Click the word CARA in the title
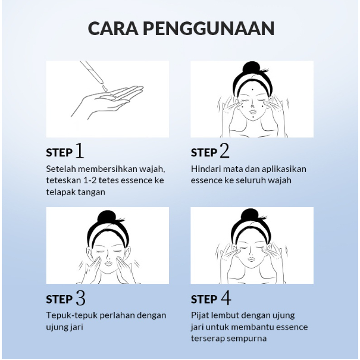[113, 28]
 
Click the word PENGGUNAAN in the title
[209, 28]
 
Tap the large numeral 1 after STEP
[80, 151]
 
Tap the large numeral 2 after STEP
[224, 151]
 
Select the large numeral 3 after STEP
[80, 298]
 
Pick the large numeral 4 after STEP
[226, 298]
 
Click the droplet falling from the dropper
[105, 87]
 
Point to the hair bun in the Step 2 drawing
[252, 68]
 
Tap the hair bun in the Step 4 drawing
[252, 215]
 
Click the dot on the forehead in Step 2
[252, 90]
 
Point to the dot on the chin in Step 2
[253, 118]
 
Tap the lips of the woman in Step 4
[252, 259]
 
